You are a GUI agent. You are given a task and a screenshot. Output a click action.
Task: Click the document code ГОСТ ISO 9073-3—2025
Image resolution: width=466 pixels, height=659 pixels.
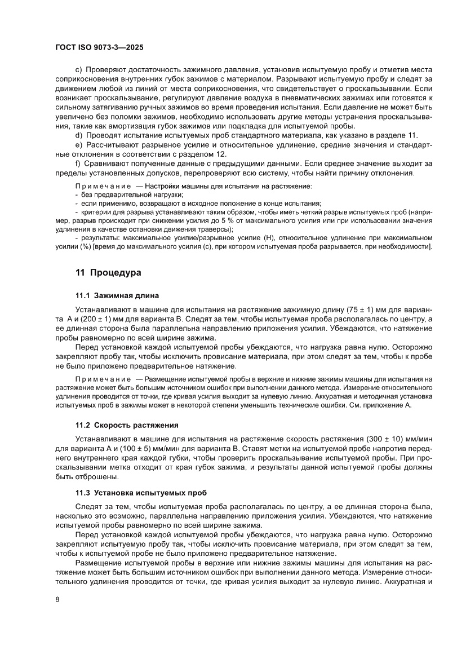(103, 48)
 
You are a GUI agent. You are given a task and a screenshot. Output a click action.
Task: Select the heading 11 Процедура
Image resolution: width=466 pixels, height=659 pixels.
(108, 272)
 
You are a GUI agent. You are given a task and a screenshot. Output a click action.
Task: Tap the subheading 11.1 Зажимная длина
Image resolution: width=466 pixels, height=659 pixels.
(117, 295)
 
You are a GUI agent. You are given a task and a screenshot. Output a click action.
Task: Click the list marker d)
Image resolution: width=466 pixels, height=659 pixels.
(78, 134)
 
